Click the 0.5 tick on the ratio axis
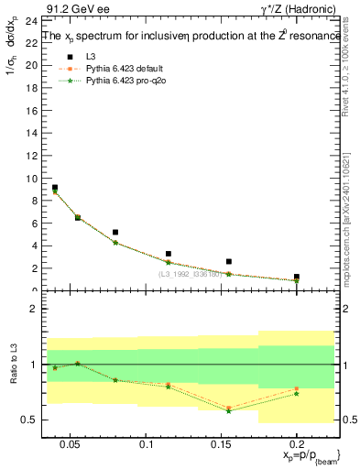pyautogui.click(x=30, y=420)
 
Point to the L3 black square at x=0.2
pyautogui.click(x=297, y=276)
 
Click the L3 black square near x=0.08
pyautogui.click(x=115, y=233)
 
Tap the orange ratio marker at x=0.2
pyautogui.click(x=297, y=388)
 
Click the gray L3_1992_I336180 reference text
pyautogui.click(x=191, y=275)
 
